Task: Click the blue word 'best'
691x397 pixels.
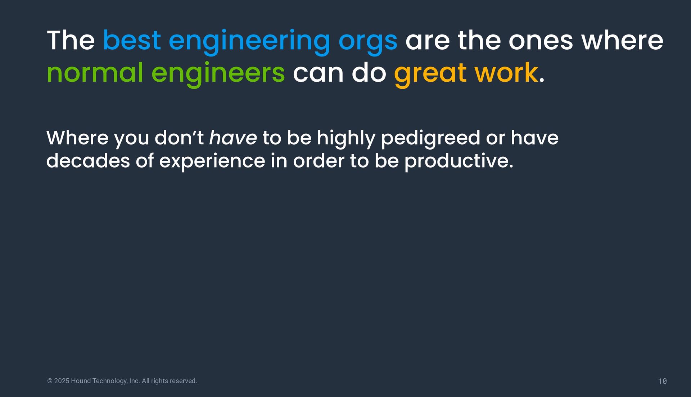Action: [x=132, y=40]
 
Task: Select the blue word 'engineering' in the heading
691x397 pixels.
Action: [x=249, y=42]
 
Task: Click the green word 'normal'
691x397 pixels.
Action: [x=95, y=73]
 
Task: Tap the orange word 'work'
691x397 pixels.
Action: [x=506, y=73]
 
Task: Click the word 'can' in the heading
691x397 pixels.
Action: [x=318, y=74]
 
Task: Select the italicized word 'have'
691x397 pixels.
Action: [x=233, y=138]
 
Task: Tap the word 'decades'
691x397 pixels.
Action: [x=88, y=160]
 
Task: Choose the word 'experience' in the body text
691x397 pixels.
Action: [x=212, y=162]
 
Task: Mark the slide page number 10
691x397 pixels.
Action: [x=662, y=381]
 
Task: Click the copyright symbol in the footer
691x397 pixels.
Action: [x=50, y=381]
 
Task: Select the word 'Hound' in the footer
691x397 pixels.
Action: [x=81, y=381]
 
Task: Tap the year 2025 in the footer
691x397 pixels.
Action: [x=62, y=381]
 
